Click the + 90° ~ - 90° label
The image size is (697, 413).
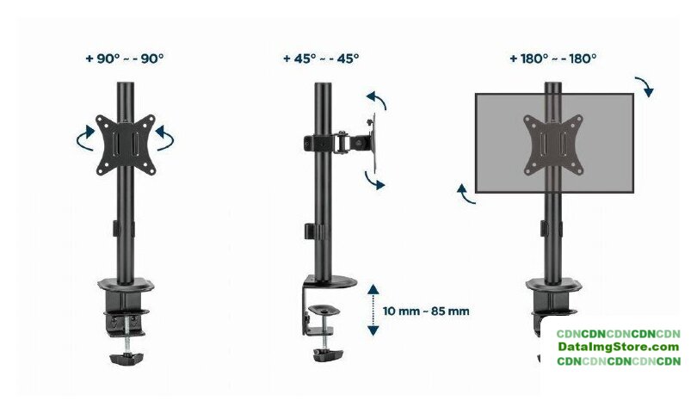[x=125, y=59]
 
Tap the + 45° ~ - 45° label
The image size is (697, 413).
[x=321, y=59]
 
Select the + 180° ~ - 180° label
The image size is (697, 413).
[x=553, y=59]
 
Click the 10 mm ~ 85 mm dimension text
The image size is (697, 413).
[x=426, y=311]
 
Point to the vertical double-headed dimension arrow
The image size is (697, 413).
[x=373, y=311]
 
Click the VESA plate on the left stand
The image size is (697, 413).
[x=126, y=145]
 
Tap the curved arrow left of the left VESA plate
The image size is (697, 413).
[x=85, y=139]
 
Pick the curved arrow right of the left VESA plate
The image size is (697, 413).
[x=165, y=139]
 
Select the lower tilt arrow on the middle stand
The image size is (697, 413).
[x=374, y=180]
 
